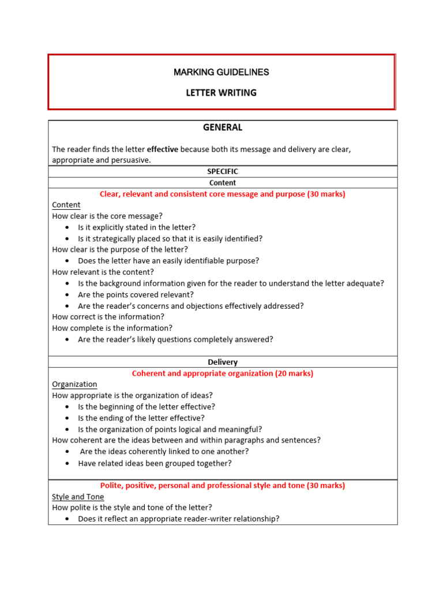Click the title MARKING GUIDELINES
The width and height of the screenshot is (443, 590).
(x=221, y=73)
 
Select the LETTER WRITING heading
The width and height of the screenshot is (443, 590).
(x=221, y=93)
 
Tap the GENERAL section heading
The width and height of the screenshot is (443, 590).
(x=223, y=127)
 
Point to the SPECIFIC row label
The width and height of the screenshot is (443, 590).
(x=223, y=172)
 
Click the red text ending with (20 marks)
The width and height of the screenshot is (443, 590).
(x=223, y=373)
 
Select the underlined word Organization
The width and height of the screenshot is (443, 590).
(x=74, y=384)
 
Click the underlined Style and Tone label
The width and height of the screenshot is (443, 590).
(x=78, y=497)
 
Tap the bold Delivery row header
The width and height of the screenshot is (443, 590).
(x=223, y=362)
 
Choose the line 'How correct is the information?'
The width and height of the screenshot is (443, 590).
(x=108, y=317)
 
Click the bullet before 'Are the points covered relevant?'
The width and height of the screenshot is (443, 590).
(x=67, y=295)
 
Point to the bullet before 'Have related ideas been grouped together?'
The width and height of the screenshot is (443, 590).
(x=67, y=464)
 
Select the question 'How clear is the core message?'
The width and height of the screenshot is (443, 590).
(x=107, y=216)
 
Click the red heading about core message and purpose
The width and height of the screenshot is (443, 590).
(x=223, y=194)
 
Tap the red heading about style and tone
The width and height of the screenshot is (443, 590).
(x=223, y=486)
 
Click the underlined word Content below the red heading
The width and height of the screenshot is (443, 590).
(x=66, y=205)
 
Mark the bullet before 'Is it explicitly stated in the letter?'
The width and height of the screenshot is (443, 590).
(x=67, y=228)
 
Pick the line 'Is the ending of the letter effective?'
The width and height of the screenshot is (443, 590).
(x=141, y=418)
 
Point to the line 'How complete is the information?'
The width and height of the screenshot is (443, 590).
(x=112, y=328)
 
